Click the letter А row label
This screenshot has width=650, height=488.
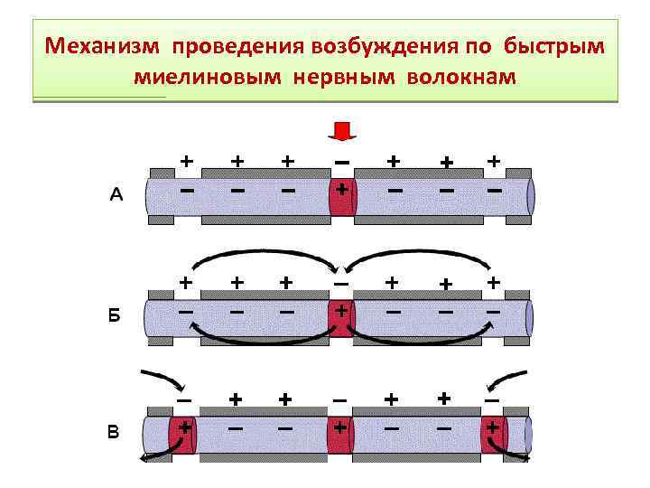click(116, 193)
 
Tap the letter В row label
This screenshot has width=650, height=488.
click(113, 432)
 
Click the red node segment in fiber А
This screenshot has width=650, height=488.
click(342, 196)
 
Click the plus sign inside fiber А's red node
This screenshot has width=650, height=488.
click(342, 191)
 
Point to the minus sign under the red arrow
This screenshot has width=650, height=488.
click(342, 161)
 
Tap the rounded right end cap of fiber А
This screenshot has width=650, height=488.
click(531, 196)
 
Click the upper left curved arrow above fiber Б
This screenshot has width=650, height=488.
click(262, 260)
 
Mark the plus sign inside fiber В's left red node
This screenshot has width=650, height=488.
click(184, 426)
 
